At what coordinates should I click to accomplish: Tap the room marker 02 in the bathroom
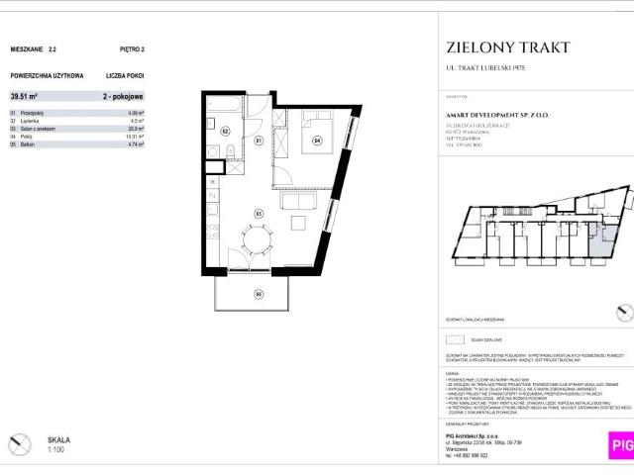click(225, 131)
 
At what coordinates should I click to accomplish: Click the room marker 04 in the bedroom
click(318, 140)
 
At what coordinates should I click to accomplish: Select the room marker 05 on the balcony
click(259, 293)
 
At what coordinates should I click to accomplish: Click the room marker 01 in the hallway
click(258, 141)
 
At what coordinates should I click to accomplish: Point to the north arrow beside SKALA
click(19, 444)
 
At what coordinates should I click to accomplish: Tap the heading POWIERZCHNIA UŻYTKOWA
click(47, 74)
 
